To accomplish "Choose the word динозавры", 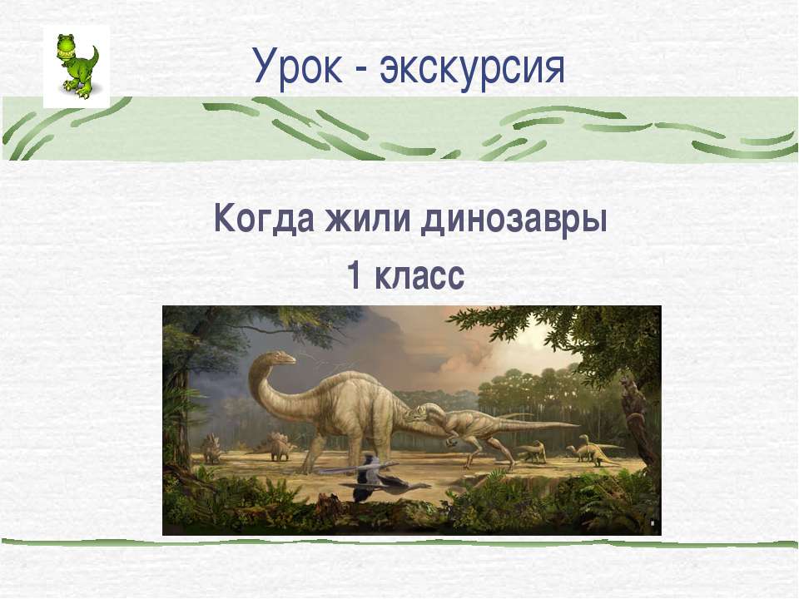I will click(516, 220).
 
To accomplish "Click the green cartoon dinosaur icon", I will click(76, 65).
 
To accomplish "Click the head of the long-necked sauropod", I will click(280, 358).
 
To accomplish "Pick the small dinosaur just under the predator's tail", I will click(531, 451).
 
